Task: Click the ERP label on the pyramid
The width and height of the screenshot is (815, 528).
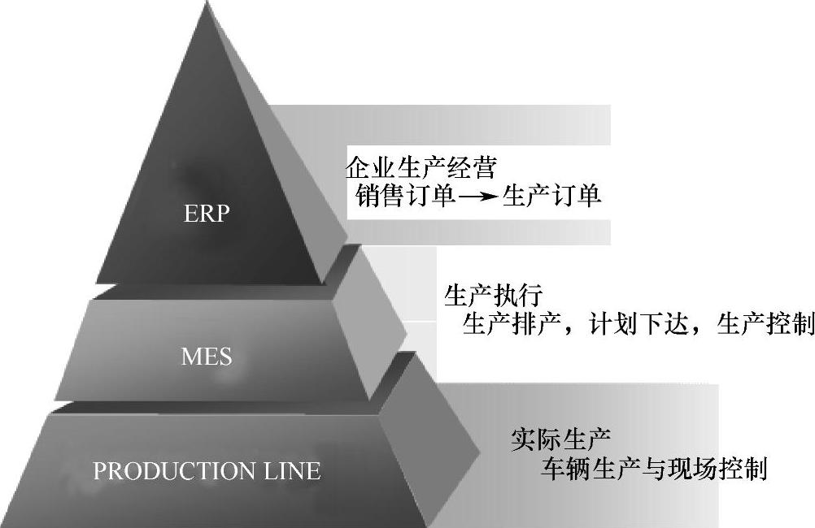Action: pyautogui.click(x=207, y=215)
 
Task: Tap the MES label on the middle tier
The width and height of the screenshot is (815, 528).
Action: pyautogui.click(x=207, y=356)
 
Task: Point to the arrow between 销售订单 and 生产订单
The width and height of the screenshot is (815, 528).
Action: pyautogui.click(x=477, y=197)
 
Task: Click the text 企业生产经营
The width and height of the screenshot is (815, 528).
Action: pyautogui.click(x=420, y=168)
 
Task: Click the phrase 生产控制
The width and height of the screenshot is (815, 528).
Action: pyautogui.click(x=765, y=325)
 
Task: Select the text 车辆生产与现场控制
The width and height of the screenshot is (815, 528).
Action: pyautogui.click(x=655, y=469)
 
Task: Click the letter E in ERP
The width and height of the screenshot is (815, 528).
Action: pyautogui.click(x=193, y=215)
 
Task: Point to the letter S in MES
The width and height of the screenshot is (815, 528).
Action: pyautogui.click(x=224, y=356)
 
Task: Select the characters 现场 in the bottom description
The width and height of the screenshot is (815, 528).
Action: pyautogui.click(x=691, y=469)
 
